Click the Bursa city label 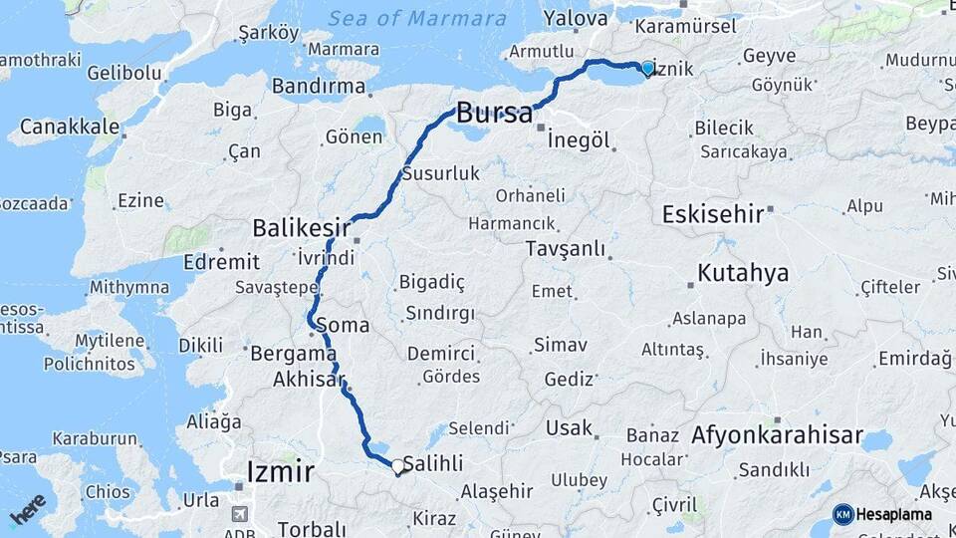pyautogui.click(x=495, y=113)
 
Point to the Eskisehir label pyautogui.click(x=712, y=213)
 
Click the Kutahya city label pyautogui.click(x=743, y=273)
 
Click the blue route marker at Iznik pyautogui.click(x=647, y=68)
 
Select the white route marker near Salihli pyautogui.click(x=397, y=466)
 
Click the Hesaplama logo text pyautogui.click(x=893, y=514)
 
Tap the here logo pyautogui.click(x=28, y=509)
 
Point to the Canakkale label pyautogui.click(x=69, y=127)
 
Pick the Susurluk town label pyautogui.click(x=441, y=173)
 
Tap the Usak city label pyautogui.click(x=569, y=428)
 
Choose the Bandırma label pyautogui.click(x=319, y=86)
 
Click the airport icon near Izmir pyautogui.click(x=239, y=513)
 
